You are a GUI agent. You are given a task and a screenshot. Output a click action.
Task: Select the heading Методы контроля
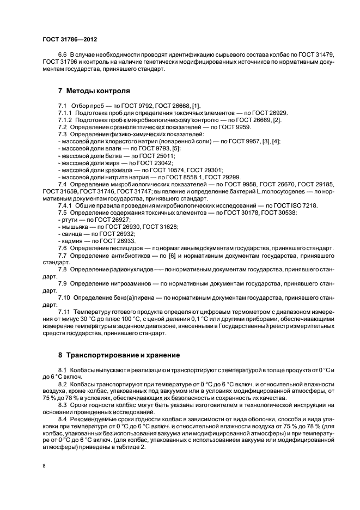point(94,91)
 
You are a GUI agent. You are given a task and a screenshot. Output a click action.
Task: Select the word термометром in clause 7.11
point(238,312)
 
